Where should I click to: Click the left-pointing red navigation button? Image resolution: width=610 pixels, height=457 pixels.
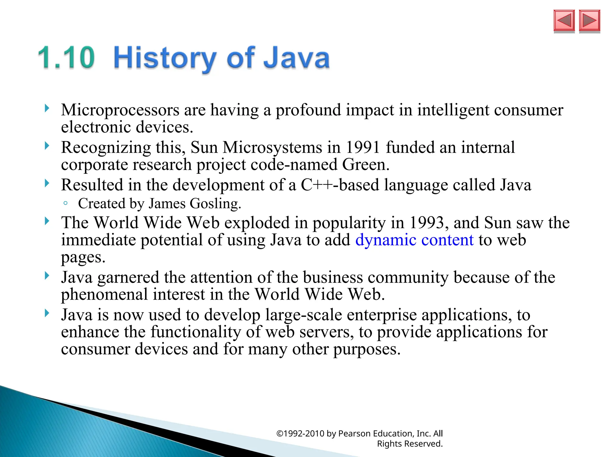(x=564, y=21)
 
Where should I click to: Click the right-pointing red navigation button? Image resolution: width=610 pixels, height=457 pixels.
(x=589, y=21)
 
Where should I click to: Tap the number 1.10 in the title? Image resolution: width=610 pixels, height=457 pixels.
(x=66, y=57)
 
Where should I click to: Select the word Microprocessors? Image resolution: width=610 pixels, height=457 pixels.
(x=120, y=110)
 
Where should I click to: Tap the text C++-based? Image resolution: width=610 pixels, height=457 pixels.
(x=340, y=185)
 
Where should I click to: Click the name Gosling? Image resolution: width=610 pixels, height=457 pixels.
(x=215, y=204)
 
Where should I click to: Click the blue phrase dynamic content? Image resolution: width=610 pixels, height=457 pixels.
(x=414, y=240)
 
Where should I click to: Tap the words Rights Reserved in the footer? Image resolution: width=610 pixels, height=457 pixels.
(x=410, y=444)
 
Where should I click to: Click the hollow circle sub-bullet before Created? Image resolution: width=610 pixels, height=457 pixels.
(x=66, y=204)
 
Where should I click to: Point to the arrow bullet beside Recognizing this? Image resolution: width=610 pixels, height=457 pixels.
(x=47, y=146)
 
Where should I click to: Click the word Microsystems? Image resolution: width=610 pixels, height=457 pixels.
(x=272, y=148)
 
